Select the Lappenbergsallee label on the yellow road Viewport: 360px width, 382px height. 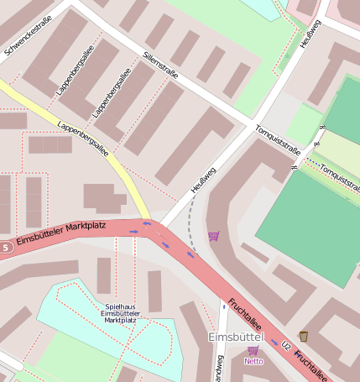[83, 139]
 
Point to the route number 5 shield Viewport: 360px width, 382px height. [6, 248]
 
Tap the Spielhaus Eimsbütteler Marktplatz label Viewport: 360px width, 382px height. [119, 313]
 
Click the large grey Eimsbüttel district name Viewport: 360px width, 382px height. [236, 337]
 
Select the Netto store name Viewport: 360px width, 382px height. [253, 361]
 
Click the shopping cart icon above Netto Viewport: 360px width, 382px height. [253, 350]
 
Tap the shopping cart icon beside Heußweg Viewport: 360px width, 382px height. [213, 236]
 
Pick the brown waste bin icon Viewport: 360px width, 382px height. [303, 336]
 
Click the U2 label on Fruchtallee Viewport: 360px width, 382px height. [286, 345]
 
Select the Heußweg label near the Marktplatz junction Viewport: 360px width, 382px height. [202, 181]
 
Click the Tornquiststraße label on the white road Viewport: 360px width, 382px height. [277, 139]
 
